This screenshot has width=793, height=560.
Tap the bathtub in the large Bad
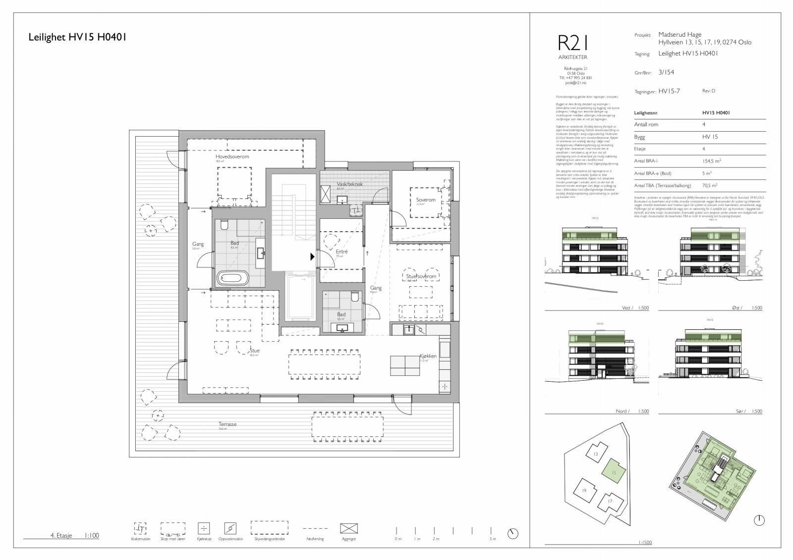tap(233, 278)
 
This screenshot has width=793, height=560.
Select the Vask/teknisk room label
tap(349, 184)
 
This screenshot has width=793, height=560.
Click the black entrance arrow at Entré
tap(312, 256)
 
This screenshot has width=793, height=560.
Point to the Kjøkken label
tap(428, 356)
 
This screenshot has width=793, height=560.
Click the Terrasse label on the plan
tap(227, 424)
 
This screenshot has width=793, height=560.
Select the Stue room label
tap(254, 351)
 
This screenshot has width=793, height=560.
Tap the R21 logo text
tap(573, 43)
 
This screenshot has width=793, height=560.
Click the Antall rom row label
tap(646, 124)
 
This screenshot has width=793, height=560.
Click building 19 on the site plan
tap(584, 491)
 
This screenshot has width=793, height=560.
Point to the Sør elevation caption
tap(741, 411)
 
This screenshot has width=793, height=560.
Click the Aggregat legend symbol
tap(348, 529)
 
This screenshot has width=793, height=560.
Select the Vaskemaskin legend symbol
tap(141, 528)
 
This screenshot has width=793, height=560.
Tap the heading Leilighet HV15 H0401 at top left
tap(78, 37)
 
